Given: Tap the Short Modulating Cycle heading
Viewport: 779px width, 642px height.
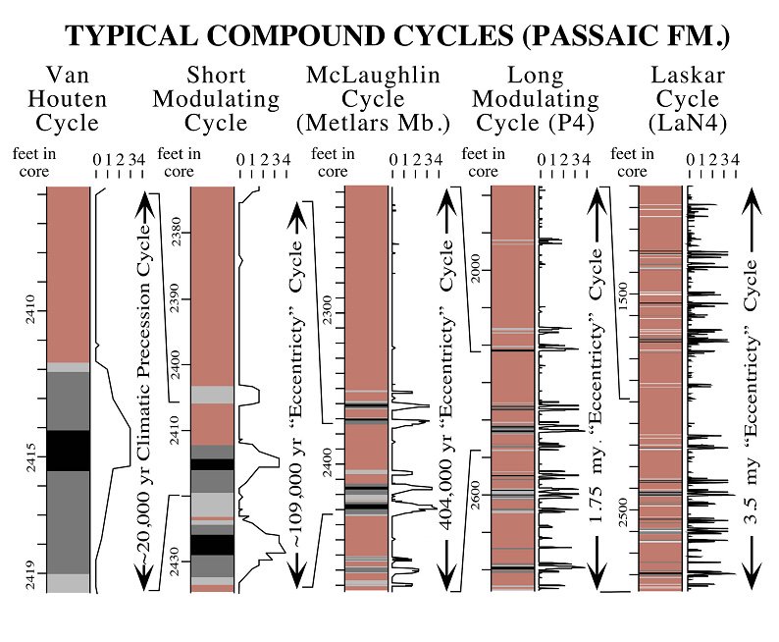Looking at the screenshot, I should coord(216,98).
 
